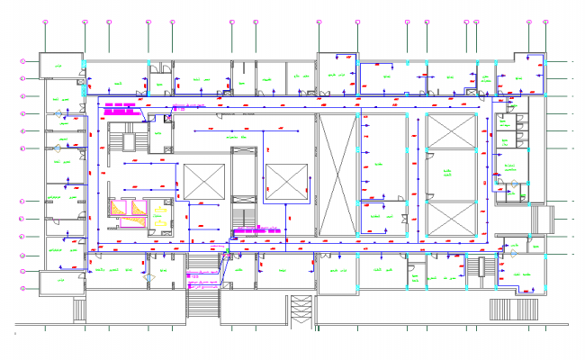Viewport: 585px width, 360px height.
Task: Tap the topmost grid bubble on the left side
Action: click(x=24, y=61)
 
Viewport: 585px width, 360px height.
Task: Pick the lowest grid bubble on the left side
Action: click(x=24, y=288)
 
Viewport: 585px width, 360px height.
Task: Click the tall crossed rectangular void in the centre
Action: click(x=337, y=175)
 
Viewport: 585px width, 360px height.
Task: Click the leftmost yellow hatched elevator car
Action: click(x=119, y=208)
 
